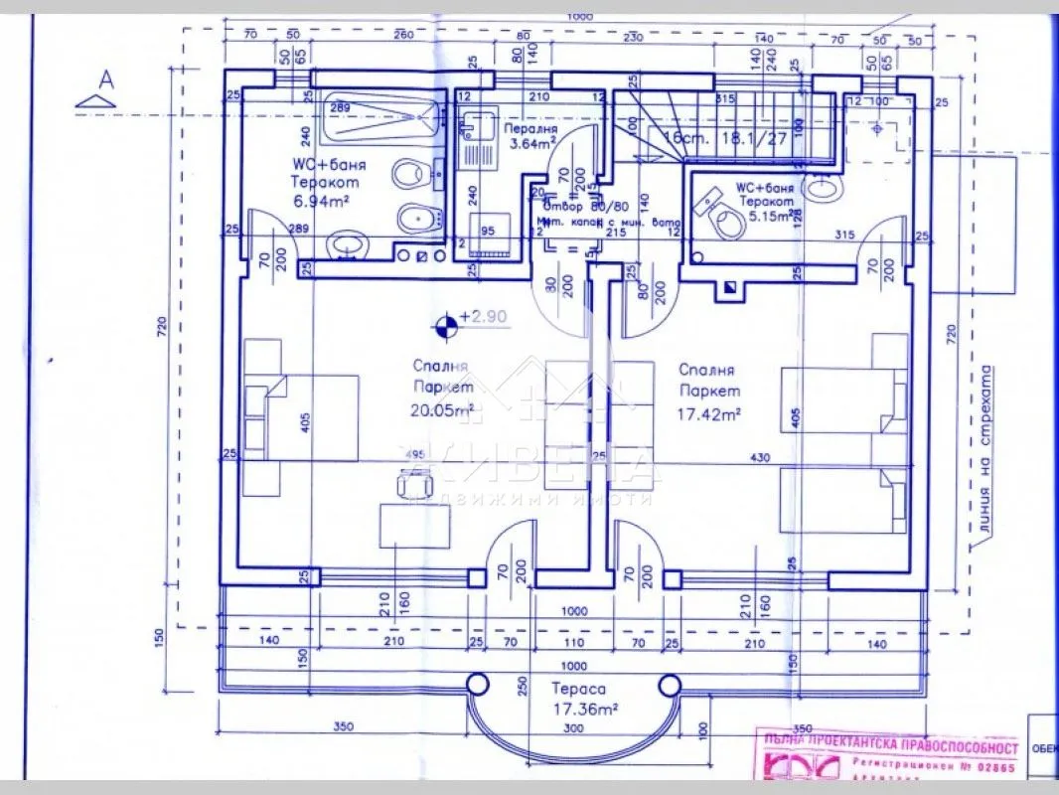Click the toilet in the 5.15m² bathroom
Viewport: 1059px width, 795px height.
[x=727, y=221]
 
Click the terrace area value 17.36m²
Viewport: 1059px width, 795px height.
[x=586, y=709]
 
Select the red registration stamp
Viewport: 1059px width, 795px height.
[x=889, y=758]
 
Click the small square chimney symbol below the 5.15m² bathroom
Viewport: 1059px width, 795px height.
[x=730, y=287]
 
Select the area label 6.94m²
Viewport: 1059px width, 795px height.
[x=318, y=200]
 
